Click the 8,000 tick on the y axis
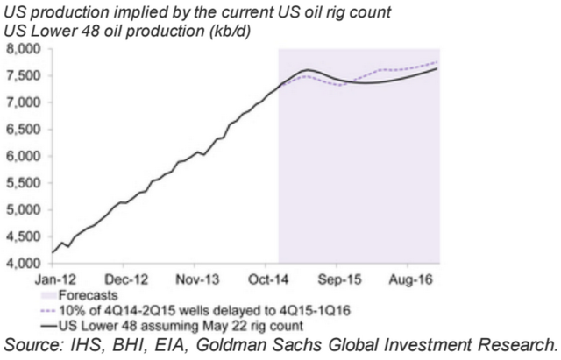coord(25,50)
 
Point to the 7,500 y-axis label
coord(25,76)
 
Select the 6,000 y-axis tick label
coord(25,156)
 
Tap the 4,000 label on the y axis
coord(25,264)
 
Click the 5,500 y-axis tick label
coord(25,183)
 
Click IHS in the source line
coord(100,341)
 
